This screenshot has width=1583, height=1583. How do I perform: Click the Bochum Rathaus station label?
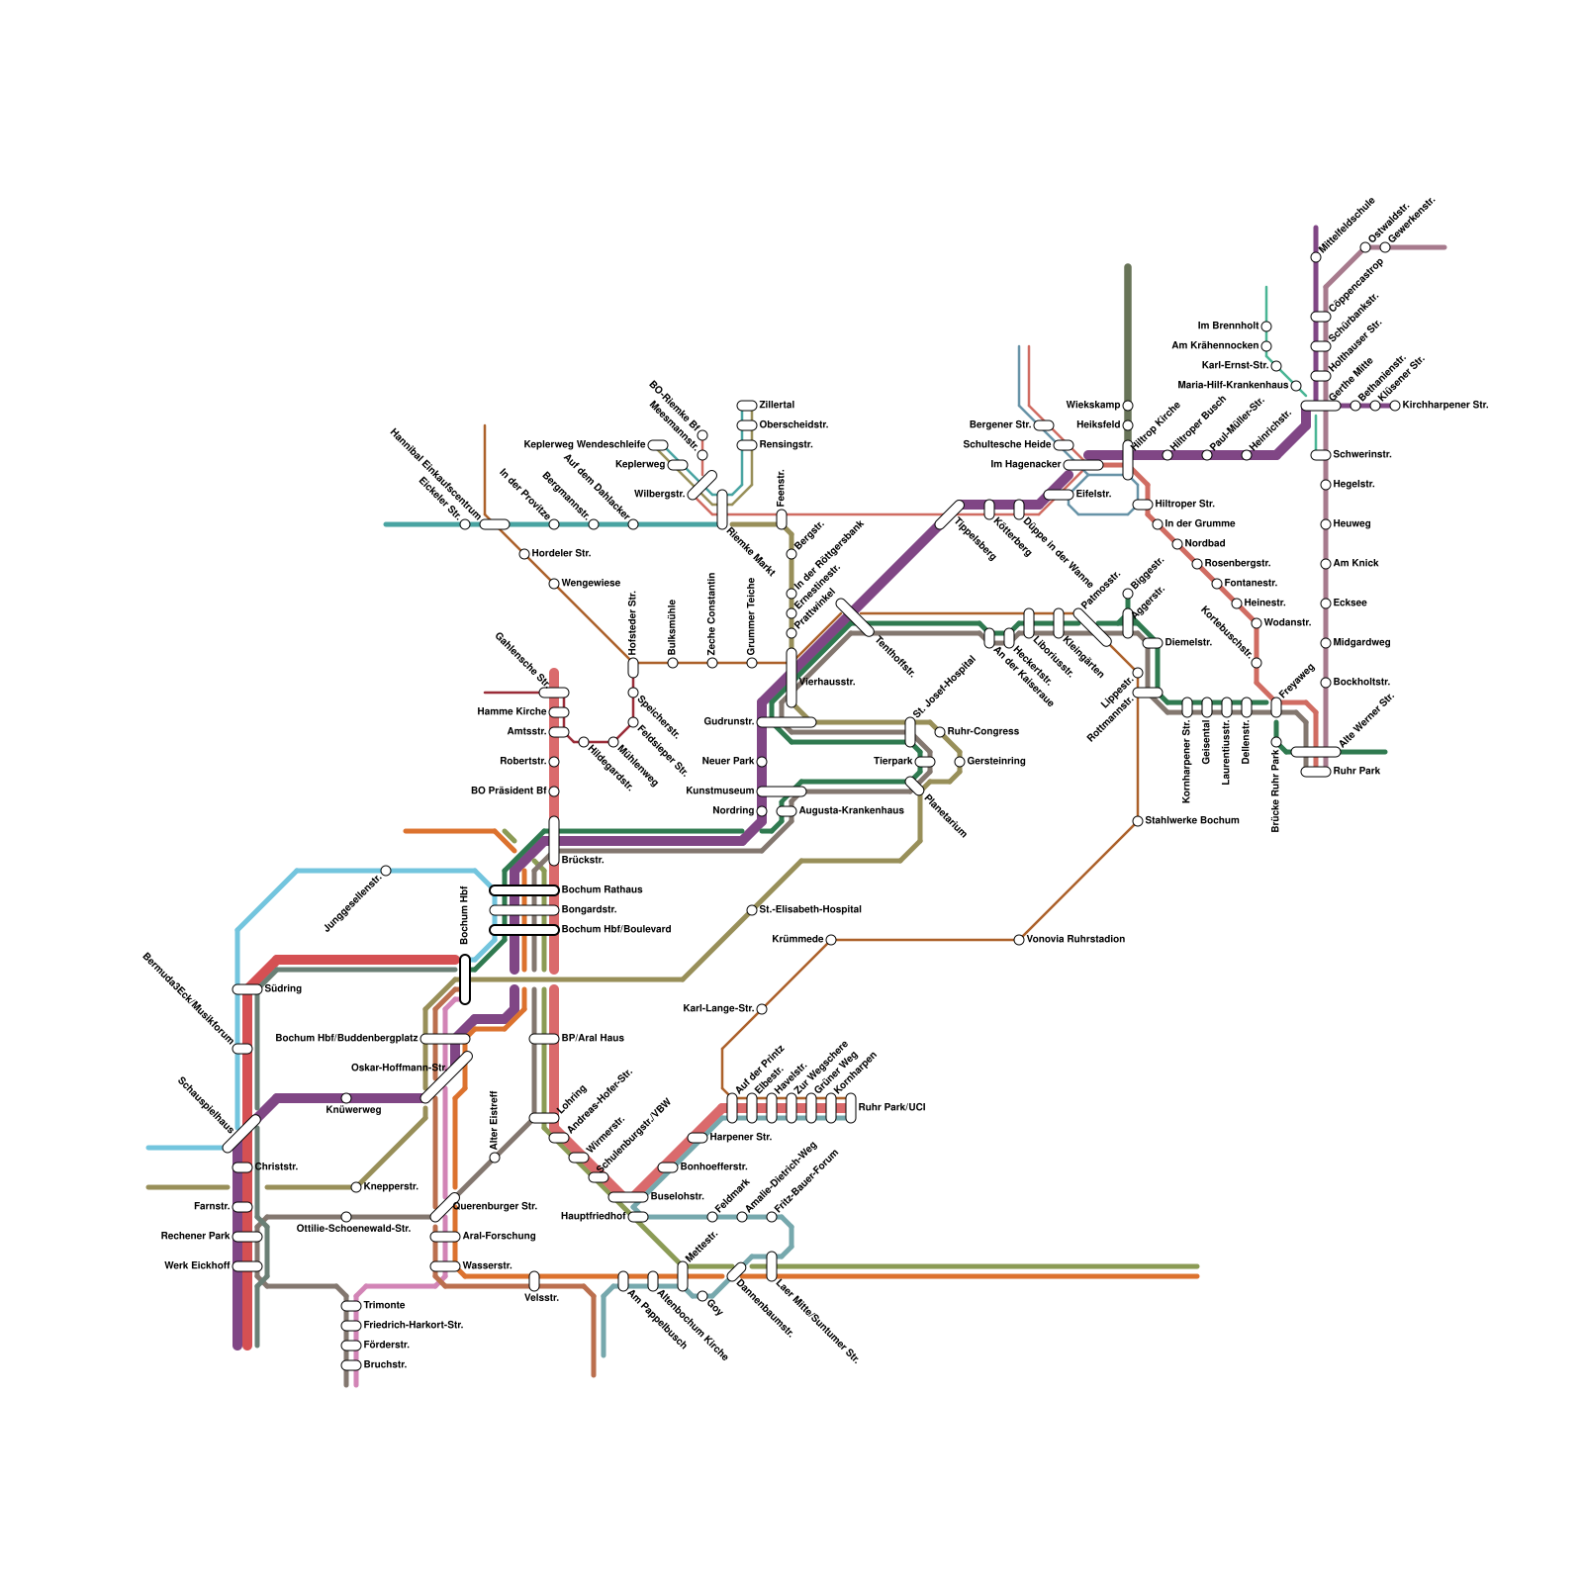[x=602, y=890]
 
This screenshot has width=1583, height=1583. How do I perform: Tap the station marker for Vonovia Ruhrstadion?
[x=1019, y=940]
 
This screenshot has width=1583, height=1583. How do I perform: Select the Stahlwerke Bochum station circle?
[x=1138, y=821]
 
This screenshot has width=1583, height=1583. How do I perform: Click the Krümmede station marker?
[x=831, y=940]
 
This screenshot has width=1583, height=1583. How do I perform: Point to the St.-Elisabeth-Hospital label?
[x=810, y=910]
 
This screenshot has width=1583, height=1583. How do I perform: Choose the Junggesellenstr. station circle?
[x=386, y=871]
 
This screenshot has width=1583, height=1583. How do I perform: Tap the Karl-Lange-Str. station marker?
[x=762, y=1009]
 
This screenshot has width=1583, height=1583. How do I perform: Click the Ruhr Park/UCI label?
[x=891, y=1108]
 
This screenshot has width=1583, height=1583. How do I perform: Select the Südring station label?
[x=283, y=989]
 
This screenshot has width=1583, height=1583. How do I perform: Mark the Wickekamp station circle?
[x=1128, y=406]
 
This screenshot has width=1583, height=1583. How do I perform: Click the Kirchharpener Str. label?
[x=1445, y=406]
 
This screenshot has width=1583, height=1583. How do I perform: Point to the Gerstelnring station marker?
[x=960, y=762]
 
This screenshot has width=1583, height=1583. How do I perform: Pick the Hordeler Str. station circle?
[x=524, y=554]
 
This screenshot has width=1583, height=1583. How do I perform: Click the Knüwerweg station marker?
[x=346, y=1098]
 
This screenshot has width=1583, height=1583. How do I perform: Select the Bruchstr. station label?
[x=385, y=1365]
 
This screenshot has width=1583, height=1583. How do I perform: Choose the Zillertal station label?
[x=777, y=406]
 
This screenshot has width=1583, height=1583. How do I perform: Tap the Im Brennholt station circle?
[x=1266, y=326]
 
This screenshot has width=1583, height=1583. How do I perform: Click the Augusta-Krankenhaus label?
[x=851, y=811]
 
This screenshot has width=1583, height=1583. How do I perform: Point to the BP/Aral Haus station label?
[x=593, y=1039]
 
